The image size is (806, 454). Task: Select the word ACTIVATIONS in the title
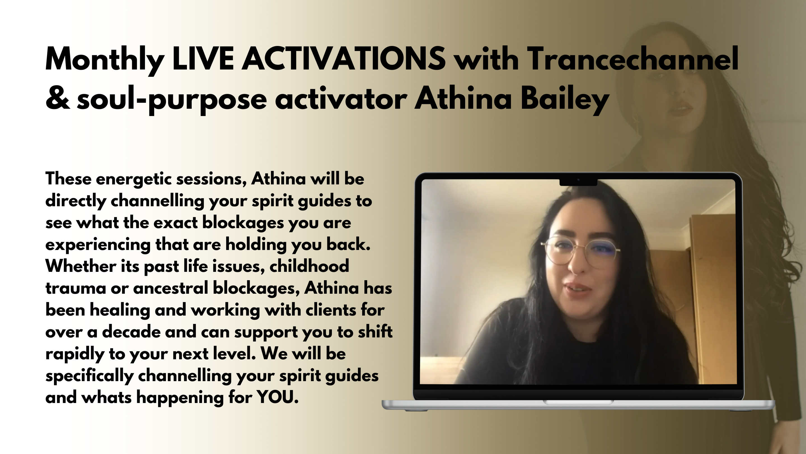click(x=344, y=59)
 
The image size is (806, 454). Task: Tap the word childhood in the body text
click(x=309, y=266)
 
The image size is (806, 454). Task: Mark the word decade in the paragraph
click(x=132, y=332)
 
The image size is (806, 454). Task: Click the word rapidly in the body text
click(x=75, y=354)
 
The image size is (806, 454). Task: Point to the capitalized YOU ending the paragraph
click(x=278, y=397)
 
